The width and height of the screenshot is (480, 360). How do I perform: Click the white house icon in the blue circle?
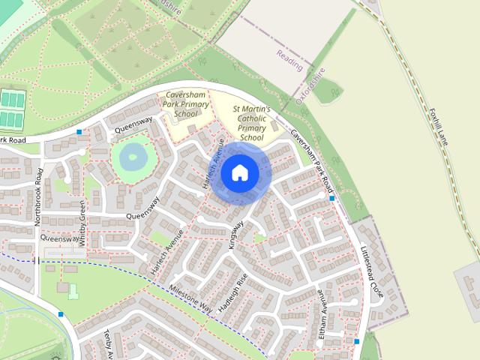tap(240, 172)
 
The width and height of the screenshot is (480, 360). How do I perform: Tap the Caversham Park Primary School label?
tap(184, 104)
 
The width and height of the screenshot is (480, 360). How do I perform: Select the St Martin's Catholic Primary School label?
tap(252, 123)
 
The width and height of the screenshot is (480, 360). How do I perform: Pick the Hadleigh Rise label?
tap(232, 296)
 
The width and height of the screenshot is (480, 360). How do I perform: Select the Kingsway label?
tap(237, 234)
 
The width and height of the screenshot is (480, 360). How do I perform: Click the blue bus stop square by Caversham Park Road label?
tap(331, 198)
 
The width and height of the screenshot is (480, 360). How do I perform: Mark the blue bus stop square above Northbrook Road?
tap(79, 132)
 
